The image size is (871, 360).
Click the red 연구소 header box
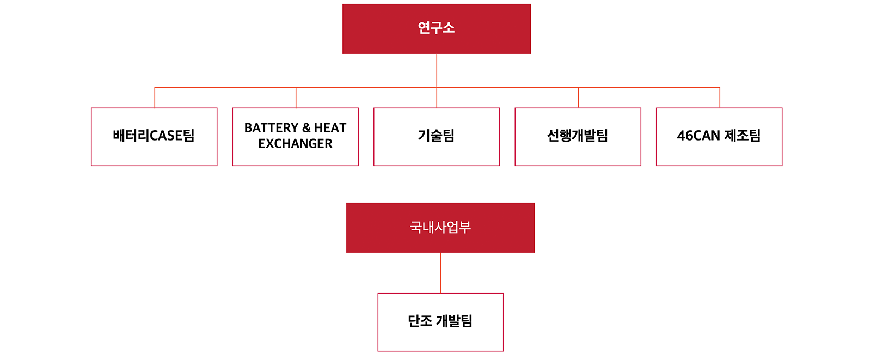[x=436, y=29]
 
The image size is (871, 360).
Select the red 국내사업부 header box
[x=440, y=228]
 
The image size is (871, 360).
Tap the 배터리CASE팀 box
[x=154, y=137]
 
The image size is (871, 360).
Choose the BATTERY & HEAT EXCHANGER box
[x=295, y=137]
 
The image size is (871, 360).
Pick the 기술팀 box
[x=436, y=137]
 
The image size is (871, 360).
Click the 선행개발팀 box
[x=578, y=137]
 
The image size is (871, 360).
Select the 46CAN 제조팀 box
[x=719, y=137]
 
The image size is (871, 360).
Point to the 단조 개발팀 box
[x=440, y=322]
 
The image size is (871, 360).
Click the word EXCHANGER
[x=295, y=144]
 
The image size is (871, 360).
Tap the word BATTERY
[x=271, y=127]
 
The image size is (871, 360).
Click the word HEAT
[x=330, y=127]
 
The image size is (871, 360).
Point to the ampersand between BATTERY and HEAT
[x=306, y=127]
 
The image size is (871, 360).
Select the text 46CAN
[x=698, y=136]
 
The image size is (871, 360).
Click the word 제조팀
[x=743, y=136]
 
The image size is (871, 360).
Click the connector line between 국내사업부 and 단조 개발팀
[x=440, y=273]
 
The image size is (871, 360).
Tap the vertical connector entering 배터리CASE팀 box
[x=155, y=97]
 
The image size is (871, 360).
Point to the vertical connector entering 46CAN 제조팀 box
[x=720, y=97]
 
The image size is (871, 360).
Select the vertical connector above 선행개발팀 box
[x=578, y=97]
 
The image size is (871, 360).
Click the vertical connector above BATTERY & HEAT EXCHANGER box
[x=296, y=97]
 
